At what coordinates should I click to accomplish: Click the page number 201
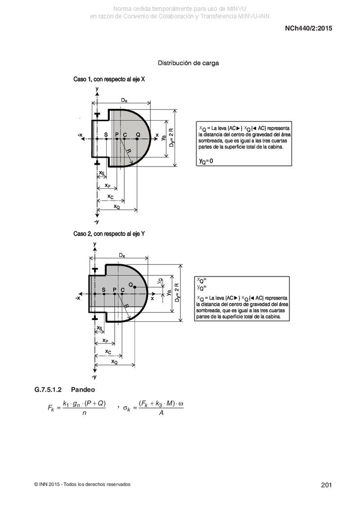(x=326, y=485)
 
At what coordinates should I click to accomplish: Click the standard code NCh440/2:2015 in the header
(x=308, y=28)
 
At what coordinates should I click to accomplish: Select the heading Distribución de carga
(x=188, y=63)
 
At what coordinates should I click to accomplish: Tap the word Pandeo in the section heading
(x=83, y=390)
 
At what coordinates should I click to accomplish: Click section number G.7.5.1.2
(x=48, y=390)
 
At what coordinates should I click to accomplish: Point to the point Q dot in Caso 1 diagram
(x=137, y=139)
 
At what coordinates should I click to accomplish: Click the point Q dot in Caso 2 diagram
(x=135, y=287)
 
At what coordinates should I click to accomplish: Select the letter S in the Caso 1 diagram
(x=106, y=135)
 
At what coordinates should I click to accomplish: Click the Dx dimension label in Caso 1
(x=124, y=100)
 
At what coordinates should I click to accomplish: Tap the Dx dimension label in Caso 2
(x=122, y=256)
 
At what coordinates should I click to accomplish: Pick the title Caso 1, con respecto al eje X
(x=109, y=79)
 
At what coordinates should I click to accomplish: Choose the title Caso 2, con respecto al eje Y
(x=109, y=234)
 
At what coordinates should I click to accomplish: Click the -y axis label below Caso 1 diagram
(x=96, y=222)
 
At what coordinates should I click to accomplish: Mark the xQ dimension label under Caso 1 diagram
(x=117, y=207)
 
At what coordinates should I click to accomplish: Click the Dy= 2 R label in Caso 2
(x=177, y=293)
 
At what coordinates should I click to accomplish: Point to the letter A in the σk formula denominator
(x=161, y=413)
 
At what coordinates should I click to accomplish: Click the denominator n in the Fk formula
(x=85, y=413)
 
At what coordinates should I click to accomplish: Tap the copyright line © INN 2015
(x=82, y=485)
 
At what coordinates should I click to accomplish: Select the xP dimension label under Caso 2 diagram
(x=105, y=341)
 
